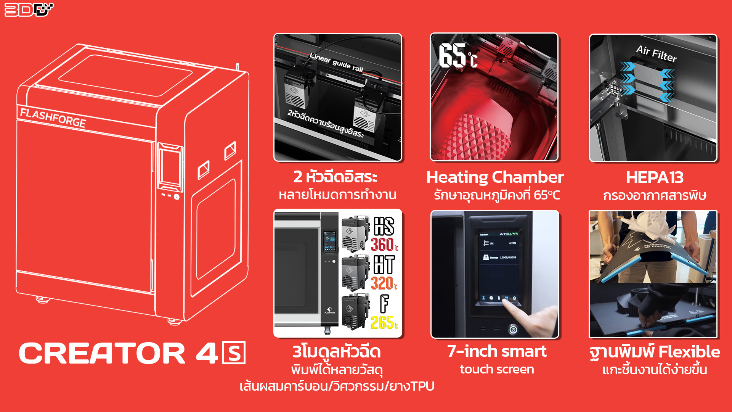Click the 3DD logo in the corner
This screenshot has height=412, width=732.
(29, 10)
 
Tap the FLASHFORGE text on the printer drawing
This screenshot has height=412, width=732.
(53, 117)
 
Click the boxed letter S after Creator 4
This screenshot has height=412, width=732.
(234, 353)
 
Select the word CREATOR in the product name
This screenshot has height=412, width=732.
(102, 353)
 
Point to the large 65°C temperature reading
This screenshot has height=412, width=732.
(457, 56)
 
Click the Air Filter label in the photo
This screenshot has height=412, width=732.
(656, 54)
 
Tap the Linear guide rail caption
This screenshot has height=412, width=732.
(336, 63)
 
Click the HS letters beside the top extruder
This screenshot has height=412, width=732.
(384, 226)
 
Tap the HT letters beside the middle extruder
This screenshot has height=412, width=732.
(384, 264)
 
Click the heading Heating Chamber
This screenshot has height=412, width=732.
(495, 177)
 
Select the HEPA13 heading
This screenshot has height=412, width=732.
(655, 177)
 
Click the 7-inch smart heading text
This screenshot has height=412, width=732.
(497, 351)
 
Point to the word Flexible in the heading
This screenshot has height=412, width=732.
(689, 352)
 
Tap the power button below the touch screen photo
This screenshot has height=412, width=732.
(513, 330)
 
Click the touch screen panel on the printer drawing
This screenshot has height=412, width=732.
(170, 167)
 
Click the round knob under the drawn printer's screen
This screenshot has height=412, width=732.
(177, 197)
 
